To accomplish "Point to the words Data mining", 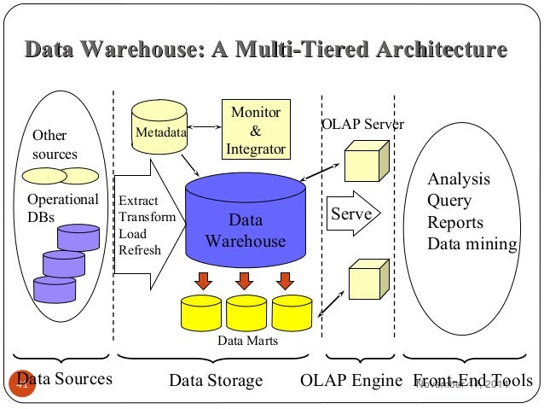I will [472, 245].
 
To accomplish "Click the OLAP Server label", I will [362, 125].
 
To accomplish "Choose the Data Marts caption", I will [246, 342].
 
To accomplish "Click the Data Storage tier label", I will [216, 381].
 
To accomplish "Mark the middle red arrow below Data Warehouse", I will [246, 280].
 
